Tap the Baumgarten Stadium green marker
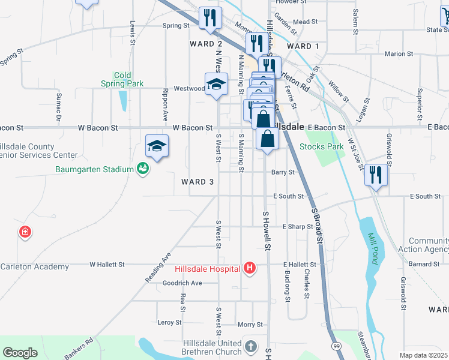[x=142, y=169]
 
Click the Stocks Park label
[x=321, y=146]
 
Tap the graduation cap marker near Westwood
[x=216, y=84]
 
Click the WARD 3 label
[x=197, y=182]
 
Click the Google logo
[x=20, y=353]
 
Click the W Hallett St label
[x=107, y=264]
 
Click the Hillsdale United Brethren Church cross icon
[x=251, y=347]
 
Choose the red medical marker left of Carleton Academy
[x=25, y=232]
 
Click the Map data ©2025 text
[x=423, y=355]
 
